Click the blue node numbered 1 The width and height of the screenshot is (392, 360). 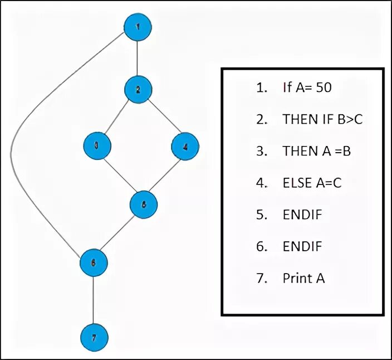(138, 27)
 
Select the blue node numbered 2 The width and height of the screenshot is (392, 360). (138, 89)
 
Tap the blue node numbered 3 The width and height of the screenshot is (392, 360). (97, 145)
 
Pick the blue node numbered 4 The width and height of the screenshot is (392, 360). (185, 147)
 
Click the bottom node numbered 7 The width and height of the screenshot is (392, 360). (93, 338)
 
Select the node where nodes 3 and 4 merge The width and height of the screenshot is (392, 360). (144, 205)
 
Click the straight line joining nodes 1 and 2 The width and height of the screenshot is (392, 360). (138, 58)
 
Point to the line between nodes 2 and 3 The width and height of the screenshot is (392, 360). (117, 117)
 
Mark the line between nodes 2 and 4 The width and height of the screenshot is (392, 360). (161, 118)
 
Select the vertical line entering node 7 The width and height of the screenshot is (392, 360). (93, 300)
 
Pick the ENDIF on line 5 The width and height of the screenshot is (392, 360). (302, 214)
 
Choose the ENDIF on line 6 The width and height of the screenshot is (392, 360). (302, 246)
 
